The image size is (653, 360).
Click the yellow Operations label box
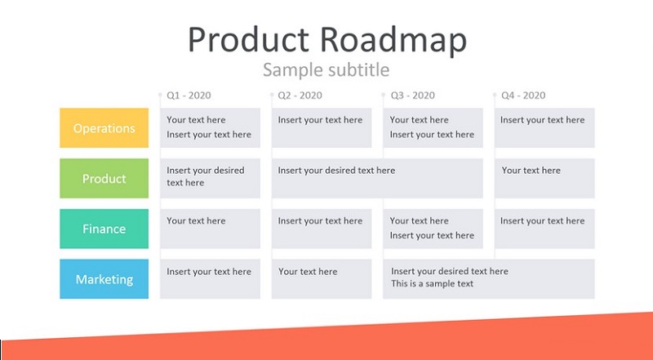(x=104, y=128)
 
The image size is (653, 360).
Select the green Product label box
(x=104, y=178)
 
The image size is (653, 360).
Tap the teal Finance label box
(x=104, y=229)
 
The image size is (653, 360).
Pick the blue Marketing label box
(x=104, y=278)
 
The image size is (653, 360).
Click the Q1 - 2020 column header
(x=189, y=96)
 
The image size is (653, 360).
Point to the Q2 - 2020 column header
(x=300, y=96)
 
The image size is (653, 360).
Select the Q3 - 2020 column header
(x=413, y=96)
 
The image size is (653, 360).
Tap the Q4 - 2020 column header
(x=523, y=96)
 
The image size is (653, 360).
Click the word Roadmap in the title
(x=393, y=40)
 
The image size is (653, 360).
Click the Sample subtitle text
(x=326, y=69)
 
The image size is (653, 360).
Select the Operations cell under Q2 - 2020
(x=322, y=128)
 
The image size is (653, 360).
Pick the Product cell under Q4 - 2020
(x=544, y=178)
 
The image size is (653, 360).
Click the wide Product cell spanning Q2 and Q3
(x=377, y=178)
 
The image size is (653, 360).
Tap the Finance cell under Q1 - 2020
(x=211, y=229)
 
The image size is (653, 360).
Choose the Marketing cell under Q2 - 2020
(x=322, y=278)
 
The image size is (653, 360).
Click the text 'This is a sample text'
(x=433, y=284)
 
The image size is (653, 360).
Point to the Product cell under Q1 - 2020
(x=211, y=178)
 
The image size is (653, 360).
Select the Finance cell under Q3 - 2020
(x=433, y=229)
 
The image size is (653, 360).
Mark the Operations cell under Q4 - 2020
(x=544, y=128)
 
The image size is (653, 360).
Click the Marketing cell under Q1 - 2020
(x=211, y=278)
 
